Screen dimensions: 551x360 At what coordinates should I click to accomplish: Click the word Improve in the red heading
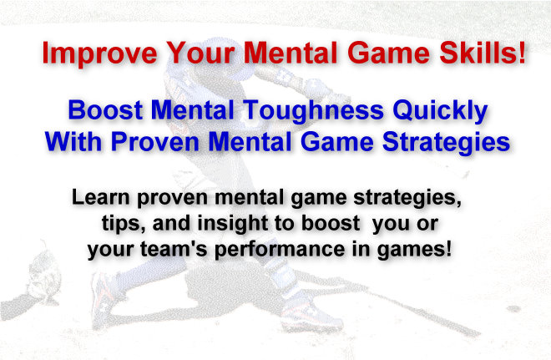pyautogui.click(x=99, y=53)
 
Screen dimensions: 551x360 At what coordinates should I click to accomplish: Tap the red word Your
pyautogui.click(x=200, y=53)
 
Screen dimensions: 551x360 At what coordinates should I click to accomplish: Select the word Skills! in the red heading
pyautogui.click(x=483, y=53)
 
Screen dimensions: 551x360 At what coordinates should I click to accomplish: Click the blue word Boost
pyautogui.click(x=105, y=110)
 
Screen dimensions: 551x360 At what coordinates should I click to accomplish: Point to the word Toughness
pyautogui.click(x=313, y=112)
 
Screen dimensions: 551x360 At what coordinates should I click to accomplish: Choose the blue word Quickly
pyautogui.click(x=440, y=112)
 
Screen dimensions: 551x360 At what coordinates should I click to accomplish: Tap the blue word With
pyautogui.click(x=73, y=142)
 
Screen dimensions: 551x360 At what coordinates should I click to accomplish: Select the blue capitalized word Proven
pyautogui.click(x=155, y=142)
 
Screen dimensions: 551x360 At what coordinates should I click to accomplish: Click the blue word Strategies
pyautogui.click(x=447, y=143)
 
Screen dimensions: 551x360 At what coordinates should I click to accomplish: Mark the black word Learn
pyautogui.click(x=100, y=197)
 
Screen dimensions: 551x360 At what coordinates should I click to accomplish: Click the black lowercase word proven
pyautogui.click(x=172, y=199)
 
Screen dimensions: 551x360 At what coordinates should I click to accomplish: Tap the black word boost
pyautogui.click(x=331, y=223)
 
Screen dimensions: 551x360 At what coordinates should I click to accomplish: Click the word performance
pyautogui.click(x=280, y=251)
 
